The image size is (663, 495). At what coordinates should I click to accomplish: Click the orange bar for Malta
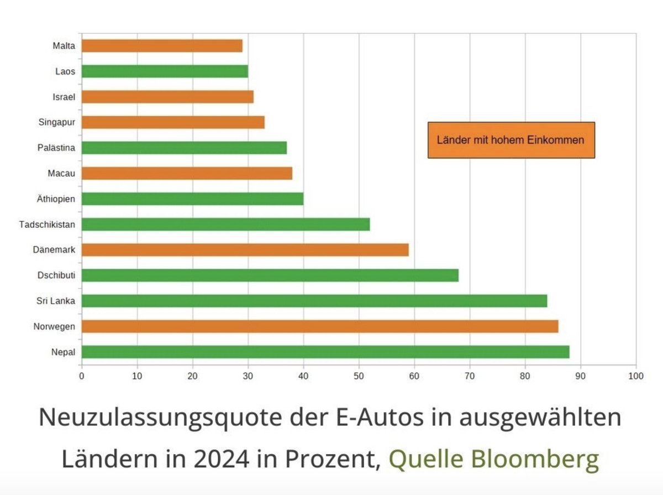tap(162, 45)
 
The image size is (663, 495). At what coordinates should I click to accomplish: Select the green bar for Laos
tap(165, 71)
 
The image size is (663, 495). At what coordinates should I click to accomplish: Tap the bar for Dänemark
tap(245, 249)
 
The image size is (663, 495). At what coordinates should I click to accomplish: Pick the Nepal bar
tap(325, 352)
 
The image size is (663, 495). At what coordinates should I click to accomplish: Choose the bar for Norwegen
tap(320, 326)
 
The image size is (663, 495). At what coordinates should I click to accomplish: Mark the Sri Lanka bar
tap(314, 301)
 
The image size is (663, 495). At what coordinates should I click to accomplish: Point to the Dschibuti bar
tap(270, 275)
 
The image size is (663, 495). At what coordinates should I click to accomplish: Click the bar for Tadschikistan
tap(225, 224)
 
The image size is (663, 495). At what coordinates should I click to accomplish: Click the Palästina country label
tap(55, 148)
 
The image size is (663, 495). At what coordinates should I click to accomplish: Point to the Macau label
tap(61, 173)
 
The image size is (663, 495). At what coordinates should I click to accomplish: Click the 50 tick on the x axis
tap(359, 376)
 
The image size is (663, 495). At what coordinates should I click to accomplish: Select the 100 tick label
tap(636, 376)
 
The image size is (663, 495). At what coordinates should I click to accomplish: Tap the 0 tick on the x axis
tap(82, 376)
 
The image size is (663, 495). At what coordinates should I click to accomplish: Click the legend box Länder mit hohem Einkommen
tap(511, 140)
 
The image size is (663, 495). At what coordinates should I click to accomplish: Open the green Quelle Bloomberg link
tap(494, 458)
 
